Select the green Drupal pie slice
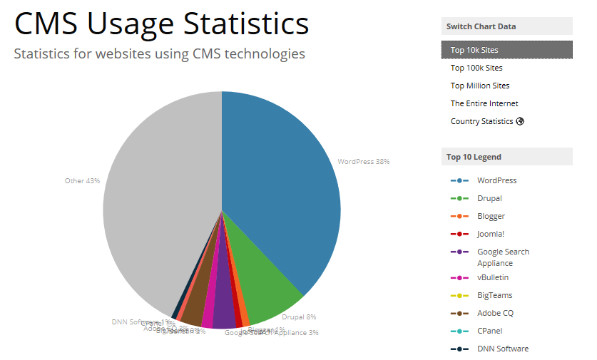(267, 292)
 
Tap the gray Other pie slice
(157, 200)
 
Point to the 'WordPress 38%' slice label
(363, 162)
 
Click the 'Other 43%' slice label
(82, 181)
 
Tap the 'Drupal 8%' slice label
(299, 317)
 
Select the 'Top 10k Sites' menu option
(474, 50)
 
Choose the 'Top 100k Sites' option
(476, 68)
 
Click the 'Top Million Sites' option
(480, 86)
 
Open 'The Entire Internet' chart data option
(484, 103)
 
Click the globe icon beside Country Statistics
(520, 121)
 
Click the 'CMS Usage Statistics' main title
(161, 23)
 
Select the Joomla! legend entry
(491, 234)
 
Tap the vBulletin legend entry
(493, 277)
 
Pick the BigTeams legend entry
(494, 295)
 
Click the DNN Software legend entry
(503, 349)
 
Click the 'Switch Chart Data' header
(481, 26)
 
